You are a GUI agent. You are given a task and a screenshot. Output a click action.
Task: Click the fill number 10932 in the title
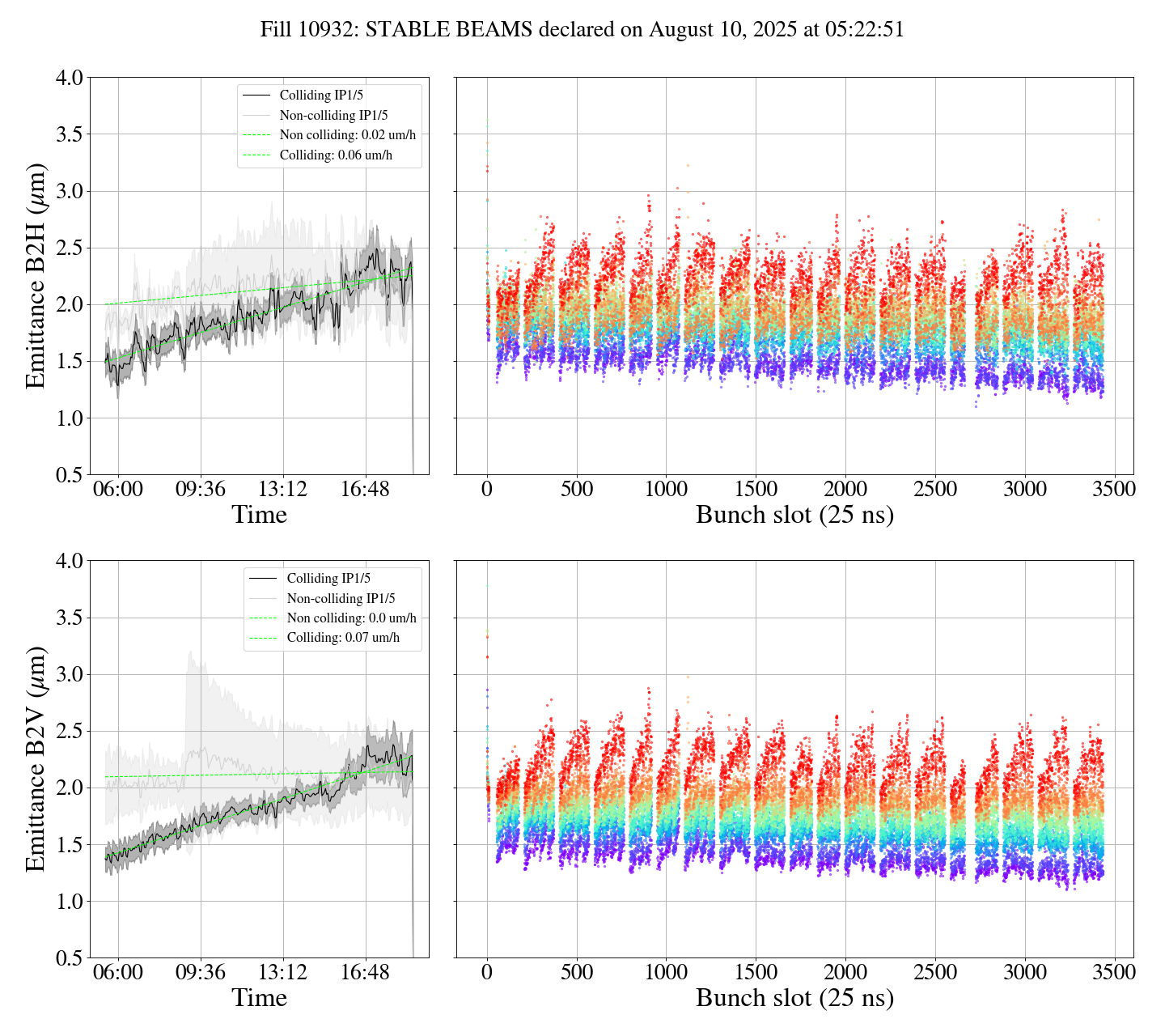[332, 30]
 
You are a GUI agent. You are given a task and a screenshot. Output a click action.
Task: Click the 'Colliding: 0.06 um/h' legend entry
[336, 155]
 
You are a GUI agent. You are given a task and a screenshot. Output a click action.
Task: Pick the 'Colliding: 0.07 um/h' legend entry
[343, 638]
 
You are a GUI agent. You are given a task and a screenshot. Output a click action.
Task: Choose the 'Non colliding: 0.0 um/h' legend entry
[351, 618]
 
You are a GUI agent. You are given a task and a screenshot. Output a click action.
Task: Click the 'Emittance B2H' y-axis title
[36, 276]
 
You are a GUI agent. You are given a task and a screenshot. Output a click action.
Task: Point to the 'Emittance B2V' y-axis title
[36, 758]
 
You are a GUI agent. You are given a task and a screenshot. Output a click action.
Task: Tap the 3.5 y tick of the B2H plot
[69, 134]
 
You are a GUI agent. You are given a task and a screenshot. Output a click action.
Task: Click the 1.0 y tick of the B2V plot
[69, 902]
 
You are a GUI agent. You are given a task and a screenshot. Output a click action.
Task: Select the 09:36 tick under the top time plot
[201, 489]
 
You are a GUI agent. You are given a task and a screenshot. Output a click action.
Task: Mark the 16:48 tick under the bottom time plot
[365, 972]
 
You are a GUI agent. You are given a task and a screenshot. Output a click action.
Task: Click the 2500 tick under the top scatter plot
[934, 489]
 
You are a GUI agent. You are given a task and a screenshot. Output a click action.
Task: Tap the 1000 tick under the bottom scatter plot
[666, 972]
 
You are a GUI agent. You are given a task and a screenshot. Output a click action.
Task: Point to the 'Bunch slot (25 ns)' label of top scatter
[794, 516]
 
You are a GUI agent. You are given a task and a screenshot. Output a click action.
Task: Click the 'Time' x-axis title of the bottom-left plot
[259, 998]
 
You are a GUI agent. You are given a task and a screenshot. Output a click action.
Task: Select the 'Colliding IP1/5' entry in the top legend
[321, 96]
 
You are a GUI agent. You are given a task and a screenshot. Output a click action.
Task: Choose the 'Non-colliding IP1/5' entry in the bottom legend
[341, 599]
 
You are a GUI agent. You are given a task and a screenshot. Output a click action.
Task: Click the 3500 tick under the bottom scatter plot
[1114, 972]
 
